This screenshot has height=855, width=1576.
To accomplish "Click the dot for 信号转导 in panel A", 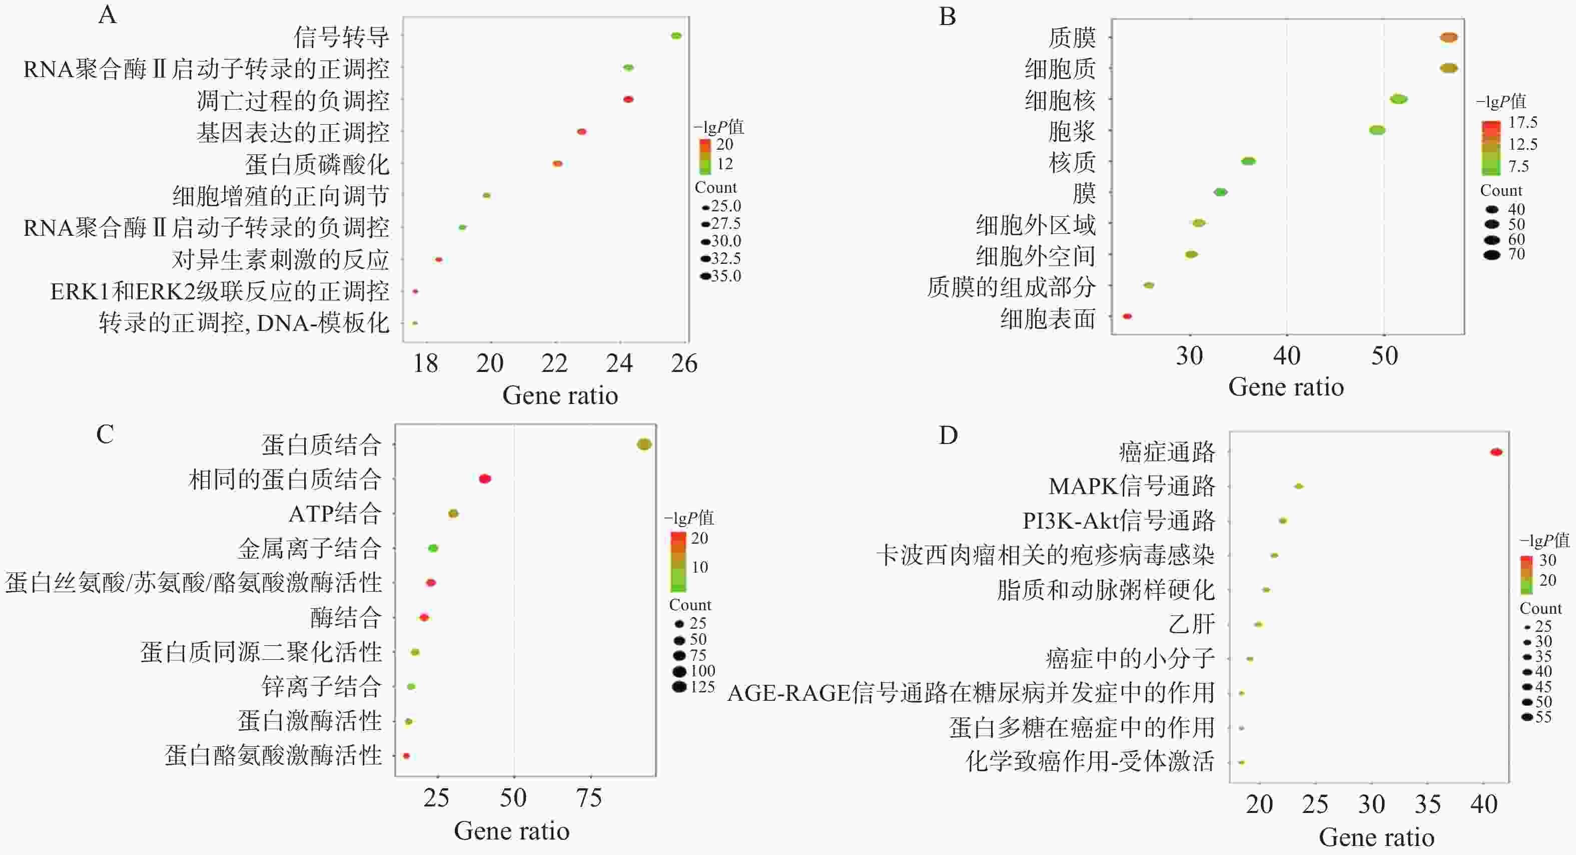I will pos(675,36).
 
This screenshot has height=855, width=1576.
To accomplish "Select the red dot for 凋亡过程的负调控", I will pos(628,99).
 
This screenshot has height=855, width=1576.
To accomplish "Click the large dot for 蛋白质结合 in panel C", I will pos(644,445).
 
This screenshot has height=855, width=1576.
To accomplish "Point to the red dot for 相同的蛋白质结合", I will pos(484,479).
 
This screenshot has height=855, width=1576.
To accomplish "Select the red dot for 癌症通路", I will pos(1496,453).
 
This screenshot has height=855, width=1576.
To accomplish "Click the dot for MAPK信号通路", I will pos(1299,487).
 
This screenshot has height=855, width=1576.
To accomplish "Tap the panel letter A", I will pos(107,14).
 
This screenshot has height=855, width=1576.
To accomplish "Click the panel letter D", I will pos(948,435).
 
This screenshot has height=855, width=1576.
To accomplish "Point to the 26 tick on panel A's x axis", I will pos(684,363).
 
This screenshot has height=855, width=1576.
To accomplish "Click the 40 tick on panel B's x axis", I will pos(1287,355).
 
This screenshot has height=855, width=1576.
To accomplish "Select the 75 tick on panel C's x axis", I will pos(589,797).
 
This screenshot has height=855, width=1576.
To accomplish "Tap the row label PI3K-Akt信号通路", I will pos(1118,521).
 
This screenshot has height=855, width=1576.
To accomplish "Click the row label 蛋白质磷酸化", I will pos(317,164).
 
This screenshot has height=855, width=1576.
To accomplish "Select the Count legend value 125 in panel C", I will pos(702,687).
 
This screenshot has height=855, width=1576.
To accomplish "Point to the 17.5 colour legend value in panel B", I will pos(1522,123).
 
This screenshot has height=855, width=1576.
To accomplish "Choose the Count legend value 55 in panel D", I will pos(1543,717).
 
